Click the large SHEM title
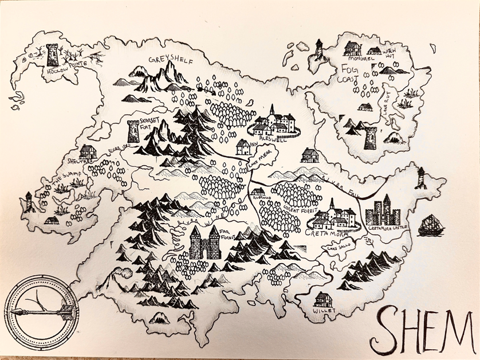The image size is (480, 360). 424,330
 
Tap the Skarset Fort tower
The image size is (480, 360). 133,131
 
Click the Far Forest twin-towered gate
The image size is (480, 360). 205,242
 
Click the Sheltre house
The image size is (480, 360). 88,151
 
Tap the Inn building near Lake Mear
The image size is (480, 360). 243,147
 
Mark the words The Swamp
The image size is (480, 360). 64,183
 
